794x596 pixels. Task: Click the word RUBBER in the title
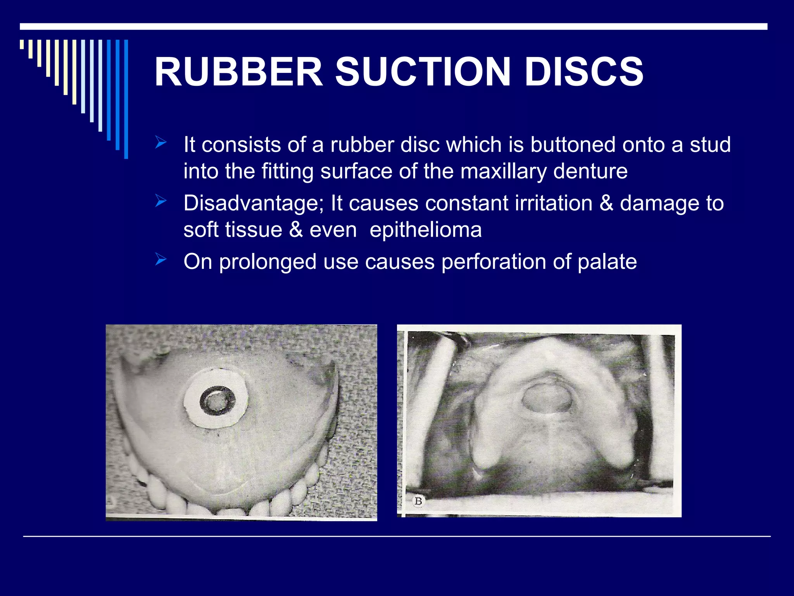238,72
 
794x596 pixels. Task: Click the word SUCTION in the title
423,72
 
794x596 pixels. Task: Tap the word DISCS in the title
584,72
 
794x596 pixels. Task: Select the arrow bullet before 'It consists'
161,143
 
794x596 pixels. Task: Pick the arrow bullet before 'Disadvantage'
161,201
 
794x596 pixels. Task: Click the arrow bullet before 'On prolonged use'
161,259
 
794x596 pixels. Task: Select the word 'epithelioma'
425,230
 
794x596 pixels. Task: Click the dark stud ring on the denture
217,401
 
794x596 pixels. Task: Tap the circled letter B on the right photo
418,501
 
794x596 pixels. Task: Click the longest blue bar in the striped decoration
126,99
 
